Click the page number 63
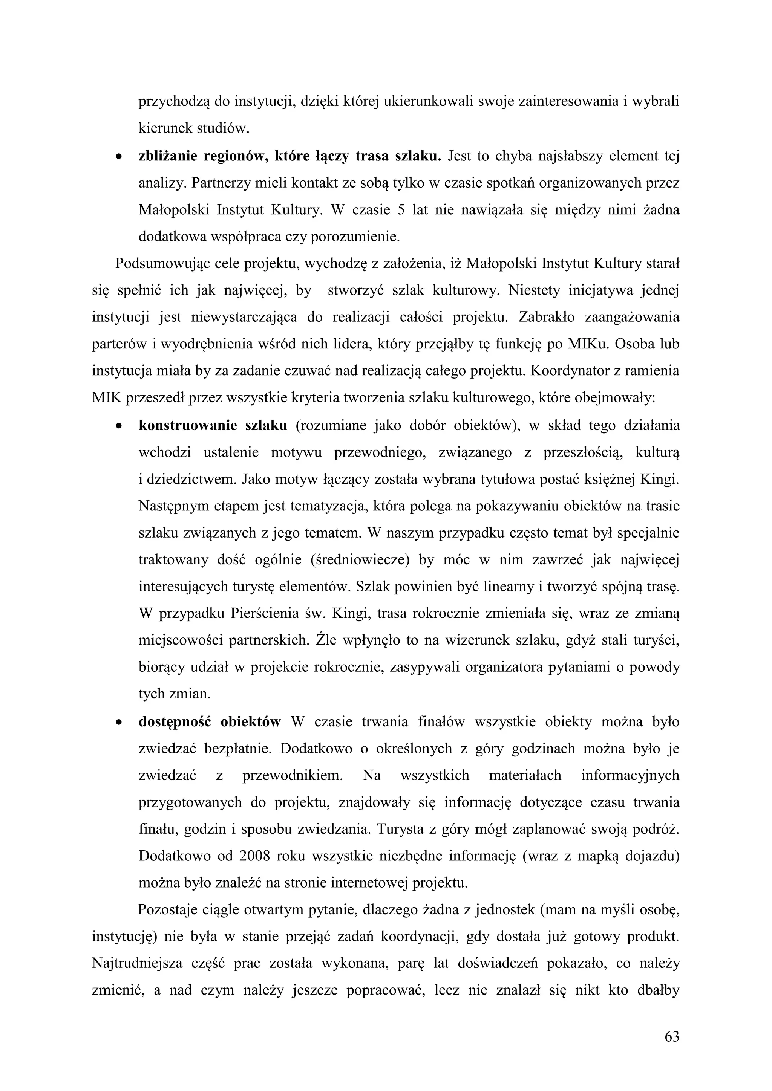(672, 1036)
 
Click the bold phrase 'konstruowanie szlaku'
(213, 425)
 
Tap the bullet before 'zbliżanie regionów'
(118, 156)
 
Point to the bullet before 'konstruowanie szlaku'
(118, 426)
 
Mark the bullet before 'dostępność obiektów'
(118, 722)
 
